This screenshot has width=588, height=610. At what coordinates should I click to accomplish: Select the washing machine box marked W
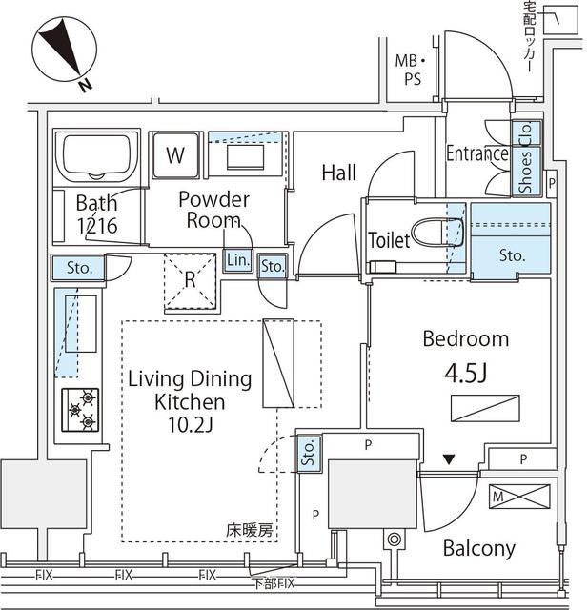176,154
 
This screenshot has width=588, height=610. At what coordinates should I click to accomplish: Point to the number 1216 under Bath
96,226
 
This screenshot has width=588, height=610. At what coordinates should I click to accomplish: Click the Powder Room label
213,210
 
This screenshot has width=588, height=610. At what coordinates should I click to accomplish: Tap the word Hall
338,173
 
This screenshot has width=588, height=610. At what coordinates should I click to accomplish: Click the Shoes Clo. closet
526,158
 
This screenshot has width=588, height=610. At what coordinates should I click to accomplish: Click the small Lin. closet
237,259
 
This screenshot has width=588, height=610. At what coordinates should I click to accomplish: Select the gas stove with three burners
80,408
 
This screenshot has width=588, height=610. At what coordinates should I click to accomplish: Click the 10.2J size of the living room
191,425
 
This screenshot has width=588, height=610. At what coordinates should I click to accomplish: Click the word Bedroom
466,339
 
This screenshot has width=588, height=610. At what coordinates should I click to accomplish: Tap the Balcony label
478,548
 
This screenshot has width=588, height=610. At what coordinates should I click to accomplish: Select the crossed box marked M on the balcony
519,497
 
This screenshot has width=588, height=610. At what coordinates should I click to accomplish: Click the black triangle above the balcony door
449,460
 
